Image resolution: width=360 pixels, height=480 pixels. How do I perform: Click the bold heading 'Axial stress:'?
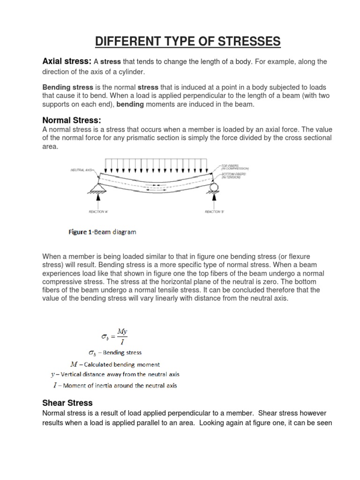click(x=67, y=61)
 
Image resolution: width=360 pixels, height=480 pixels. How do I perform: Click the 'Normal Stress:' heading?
click(x=72, y=120)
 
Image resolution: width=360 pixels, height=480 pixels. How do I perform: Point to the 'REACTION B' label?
click(x=215, y=212)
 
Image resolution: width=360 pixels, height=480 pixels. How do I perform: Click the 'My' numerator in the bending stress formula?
click(x=122, y=331)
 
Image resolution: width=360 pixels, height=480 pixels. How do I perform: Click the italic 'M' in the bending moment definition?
click(x=73, y=364)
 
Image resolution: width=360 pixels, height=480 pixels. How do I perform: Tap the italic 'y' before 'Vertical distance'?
click(x=53, y=375)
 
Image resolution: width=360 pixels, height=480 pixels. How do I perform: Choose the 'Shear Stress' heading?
click(x=67, y=403)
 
